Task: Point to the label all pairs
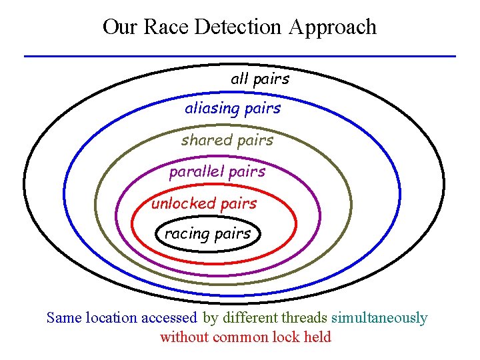coord(260,79)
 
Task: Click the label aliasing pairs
coord(233,108)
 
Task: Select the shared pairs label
coord(227,140)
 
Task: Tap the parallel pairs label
coord(217,171)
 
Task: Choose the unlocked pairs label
coord(203,203)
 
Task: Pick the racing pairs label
coord(207,233)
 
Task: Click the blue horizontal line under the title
coord(240,56)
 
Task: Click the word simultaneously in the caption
coord(379,318)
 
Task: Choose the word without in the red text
coord(184,337)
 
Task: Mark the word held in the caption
coord(317,337)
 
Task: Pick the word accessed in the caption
coord(169,318)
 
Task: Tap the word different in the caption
coord(251,318)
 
